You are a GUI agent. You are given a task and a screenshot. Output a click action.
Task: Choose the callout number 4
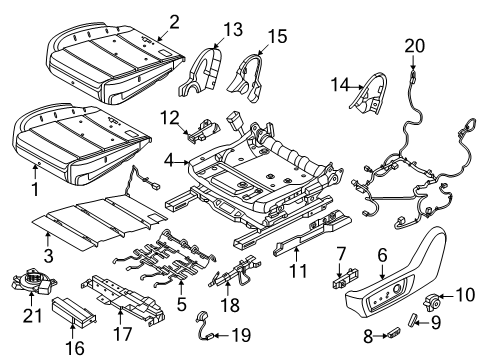pyautogui.click(x=171, y=159)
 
